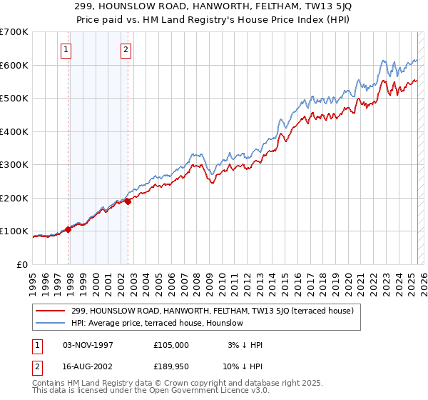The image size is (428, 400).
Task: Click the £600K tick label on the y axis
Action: [x=14, y=65]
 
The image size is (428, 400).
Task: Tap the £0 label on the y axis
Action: [x=23, y=264]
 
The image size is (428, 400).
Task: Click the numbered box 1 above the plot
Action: [x=66, y=50]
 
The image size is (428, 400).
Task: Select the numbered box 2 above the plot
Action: [x=126, y=50]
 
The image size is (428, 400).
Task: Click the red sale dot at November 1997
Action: [x=69, y=229]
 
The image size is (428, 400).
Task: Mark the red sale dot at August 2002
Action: [x=128, y=201]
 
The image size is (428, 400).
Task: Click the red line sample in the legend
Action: [x=51, y=310]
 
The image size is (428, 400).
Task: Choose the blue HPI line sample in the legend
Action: [x=51, y=323]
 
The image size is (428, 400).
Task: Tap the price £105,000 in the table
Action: [x=171, y=345]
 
